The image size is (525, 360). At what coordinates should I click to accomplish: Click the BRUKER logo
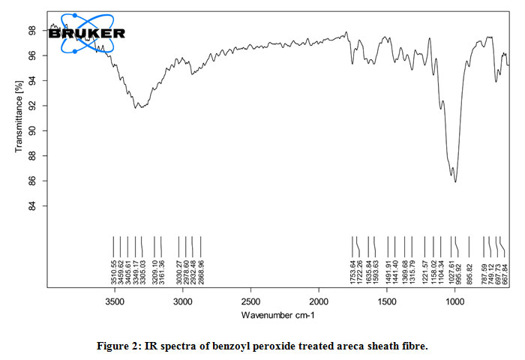pos(87,33)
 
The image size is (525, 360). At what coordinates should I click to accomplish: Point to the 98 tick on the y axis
pos(32,31)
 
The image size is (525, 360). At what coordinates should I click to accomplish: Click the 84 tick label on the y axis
pos(32,206)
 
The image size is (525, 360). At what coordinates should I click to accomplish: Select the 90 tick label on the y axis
pos(32,131)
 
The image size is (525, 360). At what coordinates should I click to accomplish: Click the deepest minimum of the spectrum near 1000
pos(455,181)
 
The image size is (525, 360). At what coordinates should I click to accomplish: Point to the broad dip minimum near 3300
pos(136,108)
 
